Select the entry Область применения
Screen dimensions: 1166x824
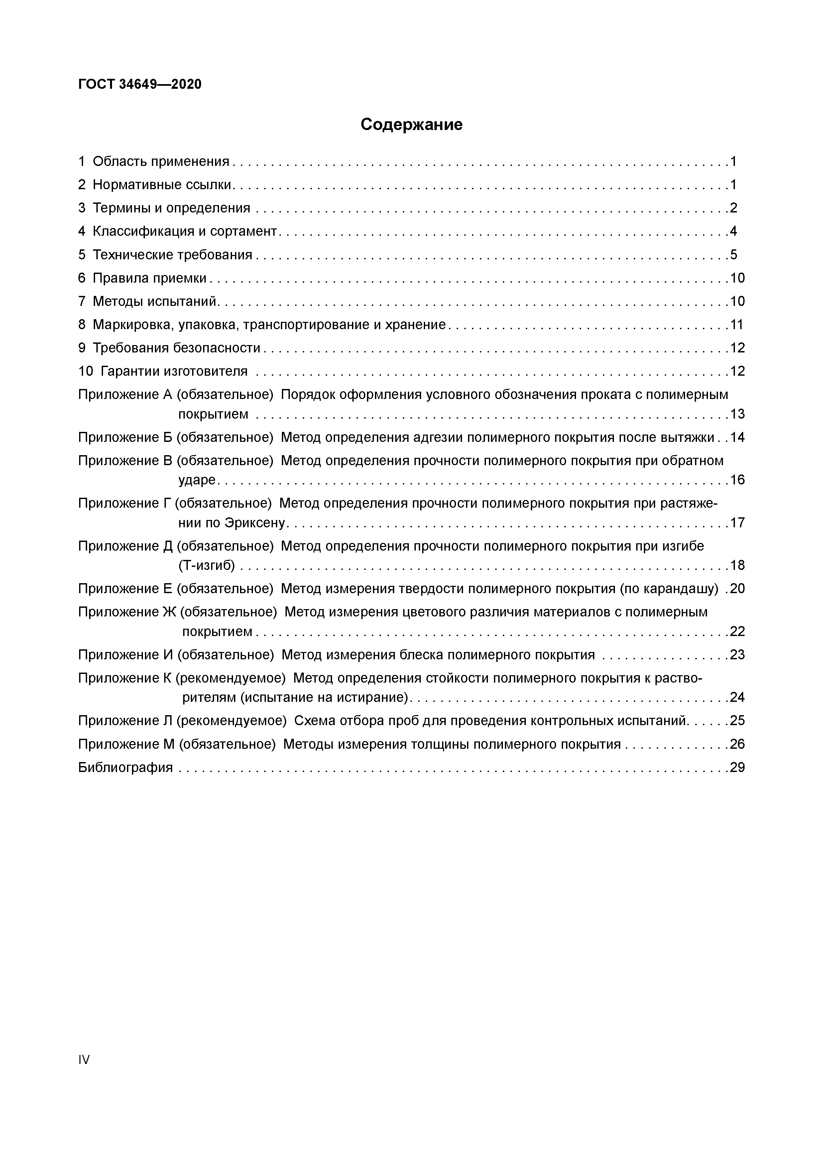[161, 162]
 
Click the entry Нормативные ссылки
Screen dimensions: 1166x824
[162, 185]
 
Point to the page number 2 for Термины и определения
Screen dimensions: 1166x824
[733, 208]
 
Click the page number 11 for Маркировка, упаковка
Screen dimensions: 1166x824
[737, 324]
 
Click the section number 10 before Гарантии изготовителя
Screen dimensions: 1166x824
[85, 371]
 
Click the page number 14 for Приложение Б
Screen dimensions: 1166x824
[737, 437]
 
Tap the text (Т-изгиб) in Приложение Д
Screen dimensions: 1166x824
[207, 565]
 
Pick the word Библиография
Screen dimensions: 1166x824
[125, 767]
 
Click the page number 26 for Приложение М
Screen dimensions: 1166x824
[737, 744]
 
